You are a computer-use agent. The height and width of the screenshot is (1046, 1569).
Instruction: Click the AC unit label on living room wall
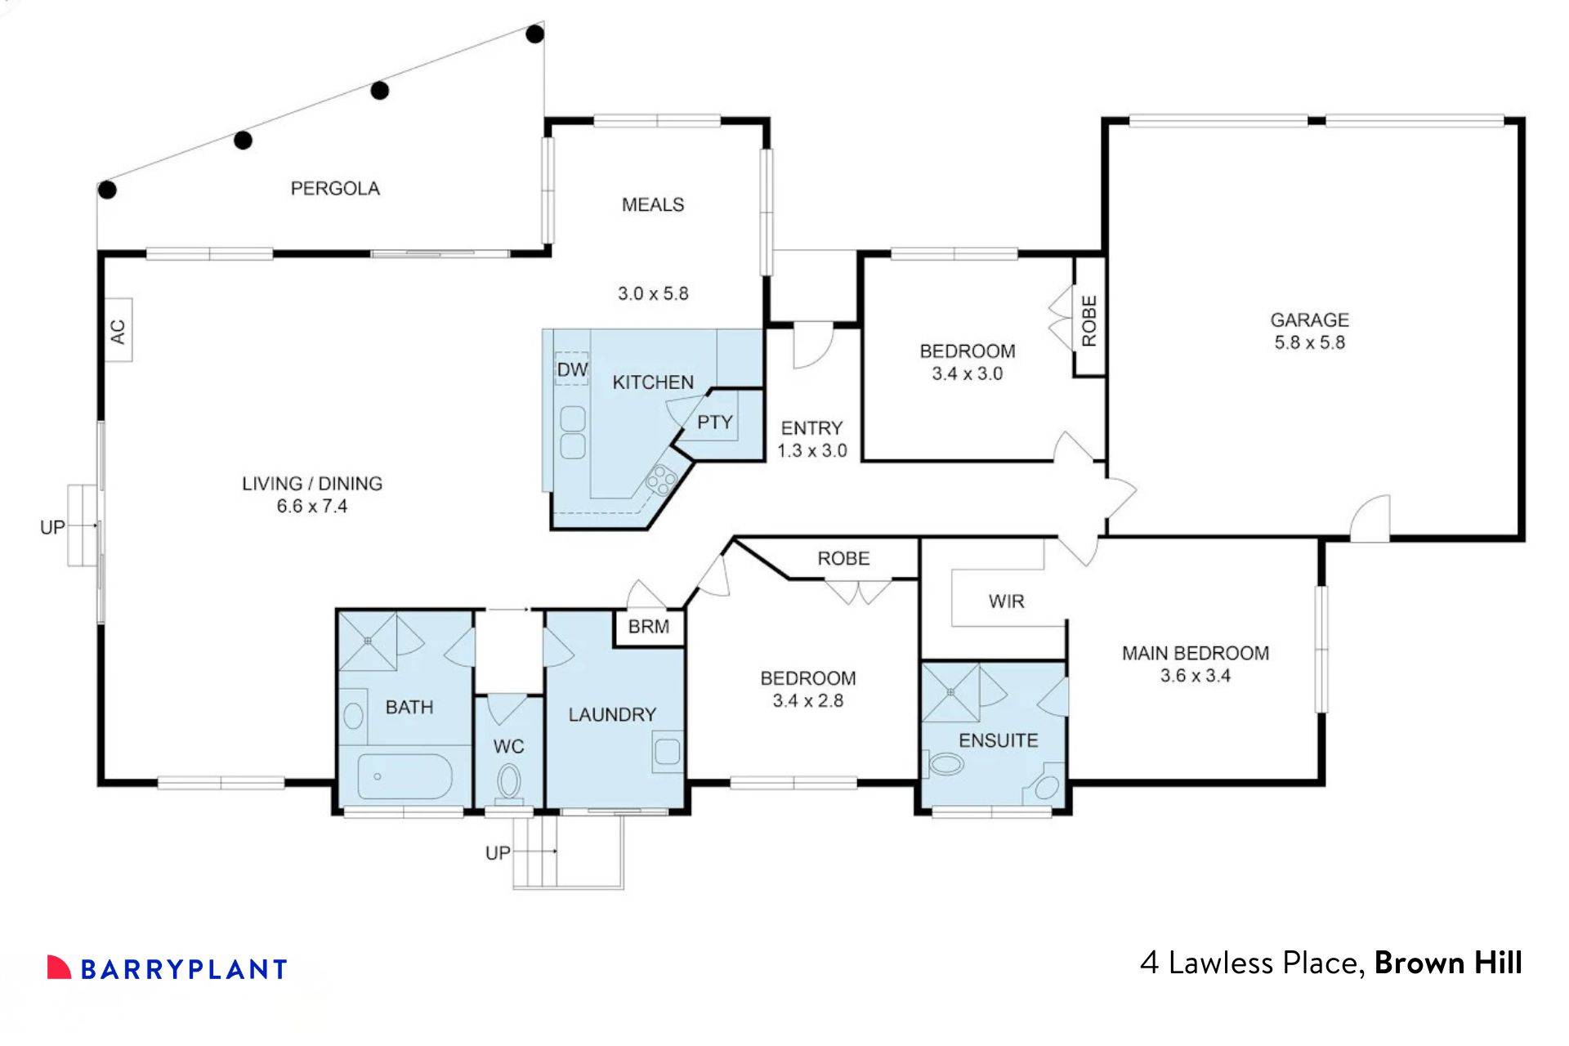click(x=118, y=331)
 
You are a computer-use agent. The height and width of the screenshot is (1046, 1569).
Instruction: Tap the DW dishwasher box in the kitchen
click(x=572, y=369)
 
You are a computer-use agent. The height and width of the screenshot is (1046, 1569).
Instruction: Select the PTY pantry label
click(x=714, y=422)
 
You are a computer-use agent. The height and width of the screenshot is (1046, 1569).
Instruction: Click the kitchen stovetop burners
click(x=660, y=478)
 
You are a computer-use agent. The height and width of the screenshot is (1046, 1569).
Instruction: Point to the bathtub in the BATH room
click(x=405, y=777)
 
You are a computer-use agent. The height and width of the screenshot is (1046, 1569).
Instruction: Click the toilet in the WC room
click(x=509, y=783)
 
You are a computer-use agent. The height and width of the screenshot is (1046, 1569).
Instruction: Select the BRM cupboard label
click(x=648, y=627)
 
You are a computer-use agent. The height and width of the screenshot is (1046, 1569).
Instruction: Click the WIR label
click(x=1006, y=601)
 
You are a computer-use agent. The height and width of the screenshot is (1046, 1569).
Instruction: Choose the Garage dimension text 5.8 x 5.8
click(x=1309, y=342)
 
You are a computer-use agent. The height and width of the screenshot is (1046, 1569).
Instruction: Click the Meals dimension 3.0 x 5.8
click(x=652, y=293)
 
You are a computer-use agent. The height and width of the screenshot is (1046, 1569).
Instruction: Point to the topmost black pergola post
click(x=534, y=34)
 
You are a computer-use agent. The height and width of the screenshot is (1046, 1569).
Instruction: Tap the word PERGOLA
click(x=335, y=189)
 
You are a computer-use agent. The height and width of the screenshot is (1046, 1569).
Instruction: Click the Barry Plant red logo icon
click(x=59, y=967)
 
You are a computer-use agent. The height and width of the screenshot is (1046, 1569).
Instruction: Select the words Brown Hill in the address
click(x=1448, y=963)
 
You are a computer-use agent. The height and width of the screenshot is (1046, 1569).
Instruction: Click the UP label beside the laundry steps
click(x=498, y=853)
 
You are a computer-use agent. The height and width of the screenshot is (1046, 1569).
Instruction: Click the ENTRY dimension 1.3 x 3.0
click(x=811, y=451)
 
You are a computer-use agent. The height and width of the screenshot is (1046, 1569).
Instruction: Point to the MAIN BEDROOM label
click(x=1195, y=653)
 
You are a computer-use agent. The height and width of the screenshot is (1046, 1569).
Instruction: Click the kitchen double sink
click(x=572, y=432)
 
